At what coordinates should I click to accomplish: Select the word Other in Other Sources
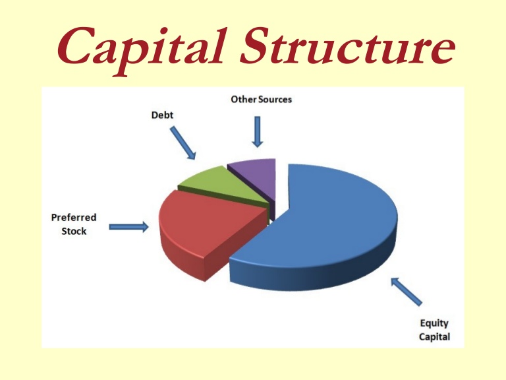tap(242, 100)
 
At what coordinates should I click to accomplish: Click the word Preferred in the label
tap(74, 217)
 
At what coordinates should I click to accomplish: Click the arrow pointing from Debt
tap(183, 143)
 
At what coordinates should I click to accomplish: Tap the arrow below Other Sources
tap(257, 132)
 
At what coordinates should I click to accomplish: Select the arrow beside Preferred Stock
tap(128, 227)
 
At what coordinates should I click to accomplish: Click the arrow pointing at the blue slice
tap(407, 291)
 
